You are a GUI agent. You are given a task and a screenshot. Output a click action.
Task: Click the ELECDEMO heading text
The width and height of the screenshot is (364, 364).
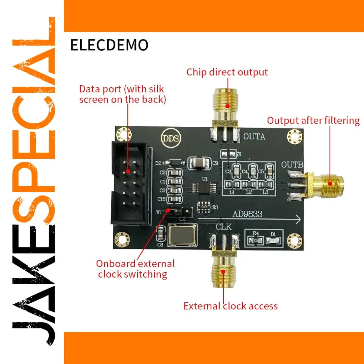[x=109, y=45]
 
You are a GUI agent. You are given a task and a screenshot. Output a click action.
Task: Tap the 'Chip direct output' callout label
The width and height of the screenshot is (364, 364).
[x=227, y=72]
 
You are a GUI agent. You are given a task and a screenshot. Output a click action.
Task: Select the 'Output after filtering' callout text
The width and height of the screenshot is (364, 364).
[x=313, y=120]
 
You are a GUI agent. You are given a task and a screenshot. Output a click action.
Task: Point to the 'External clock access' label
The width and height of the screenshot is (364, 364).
[x=230, y=306]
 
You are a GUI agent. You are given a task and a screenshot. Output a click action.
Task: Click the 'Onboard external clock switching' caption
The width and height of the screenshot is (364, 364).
[x=135, y=269]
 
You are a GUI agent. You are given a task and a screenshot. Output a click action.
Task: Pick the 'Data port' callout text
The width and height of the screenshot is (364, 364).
[x=122, y=94]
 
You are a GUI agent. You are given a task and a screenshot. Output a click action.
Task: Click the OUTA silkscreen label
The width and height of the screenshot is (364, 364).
[x=254, y=137]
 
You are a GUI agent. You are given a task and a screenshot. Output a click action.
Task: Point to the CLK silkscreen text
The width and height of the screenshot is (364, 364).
[x=224, y=227]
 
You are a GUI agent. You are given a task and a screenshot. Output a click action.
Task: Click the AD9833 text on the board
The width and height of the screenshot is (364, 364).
[x=247, y=214]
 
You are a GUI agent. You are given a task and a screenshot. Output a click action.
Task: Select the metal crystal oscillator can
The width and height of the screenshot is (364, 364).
[x=182, y=235]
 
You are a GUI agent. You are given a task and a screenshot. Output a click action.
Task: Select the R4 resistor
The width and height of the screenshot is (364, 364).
[x=256, y=240]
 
